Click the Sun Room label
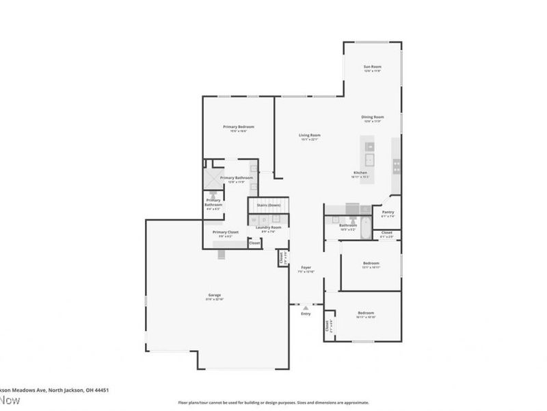tap(372, 66)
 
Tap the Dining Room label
tap(373, 117)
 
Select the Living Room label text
tap(310, 136)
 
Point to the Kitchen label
tap(360, 173)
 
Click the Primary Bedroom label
tap(239, 127)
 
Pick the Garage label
tap(215, 295)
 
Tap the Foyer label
tap(306, 268)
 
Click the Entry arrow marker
tap(306, 308)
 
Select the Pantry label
tap(388, 212)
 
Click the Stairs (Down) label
tap(268, 205)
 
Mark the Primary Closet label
tap(225, 232)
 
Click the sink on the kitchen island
tap(369, 146)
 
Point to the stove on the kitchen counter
tap(396, 164)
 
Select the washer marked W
tap(254, 220)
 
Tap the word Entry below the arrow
tap(306, 314)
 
